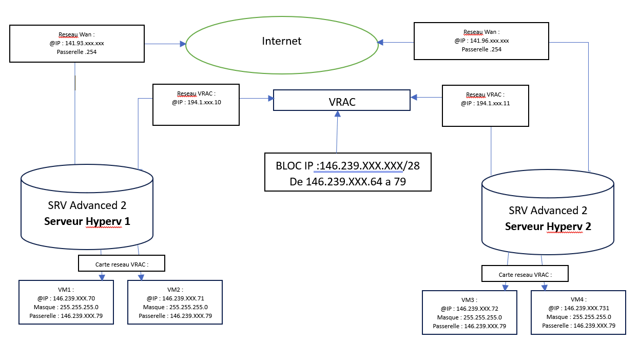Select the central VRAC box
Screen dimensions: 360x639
(x=342, y=101)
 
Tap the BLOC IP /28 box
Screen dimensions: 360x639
(x=347, y=172)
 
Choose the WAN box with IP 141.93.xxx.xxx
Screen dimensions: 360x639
(x=77, y=43)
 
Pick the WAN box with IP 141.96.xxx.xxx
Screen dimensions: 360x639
(x=481, y=41)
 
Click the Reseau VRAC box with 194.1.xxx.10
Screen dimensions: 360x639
(x=196, y=105)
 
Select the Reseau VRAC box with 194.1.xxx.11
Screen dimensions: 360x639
(x=485, y=106)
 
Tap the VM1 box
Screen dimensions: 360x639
(x=66, y=302)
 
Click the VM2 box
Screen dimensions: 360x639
(x=175, y=302)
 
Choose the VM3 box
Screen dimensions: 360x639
(x=469, y=313)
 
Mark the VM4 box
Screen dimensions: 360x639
(x=578, y=313)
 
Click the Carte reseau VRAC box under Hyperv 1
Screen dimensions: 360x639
(x=122, y=263)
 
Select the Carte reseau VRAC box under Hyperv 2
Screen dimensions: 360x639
(x=525, y=274)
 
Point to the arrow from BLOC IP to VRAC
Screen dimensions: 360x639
(x=337, y=132)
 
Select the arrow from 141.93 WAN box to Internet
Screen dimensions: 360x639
(x=165, y=45)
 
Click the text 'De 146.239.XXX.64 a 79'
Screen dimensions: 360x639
(x=348, y=181)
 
